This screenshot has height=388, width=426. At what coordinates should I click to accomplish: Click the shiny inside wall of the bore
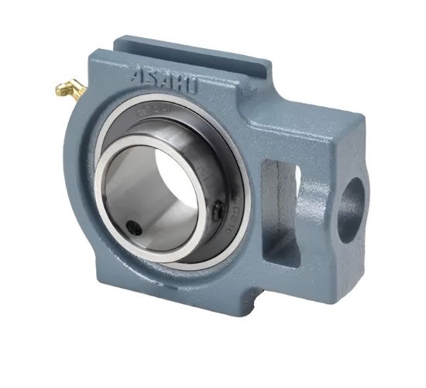(x=128, y=194)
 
